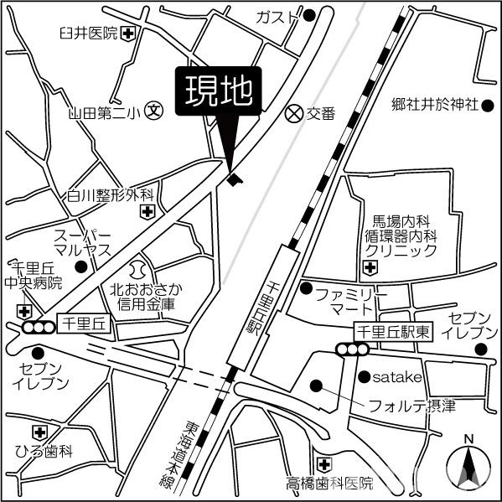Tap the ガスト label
click(x=278, y=17)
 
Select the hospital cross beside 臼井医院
click(x=127, y=34)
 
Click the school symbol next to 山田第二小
click(x=155, y=109)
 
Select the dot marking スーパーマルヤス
click(x=81, y=267)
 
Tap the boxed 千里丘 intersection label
click(x=80, y=321)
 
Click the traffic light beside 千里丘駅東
click(x=349, y=349)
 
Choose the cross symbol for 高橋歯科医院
click(x=324, y=463)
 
